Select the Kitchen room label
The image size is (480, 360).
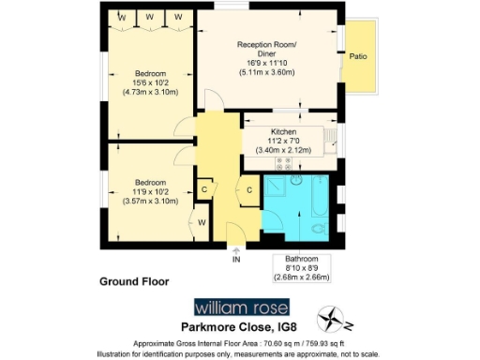(283, 132)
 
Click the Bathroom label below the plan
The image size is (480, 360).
(302, 258)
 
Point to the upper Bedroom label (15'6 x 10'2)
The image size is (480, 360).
(150, 74)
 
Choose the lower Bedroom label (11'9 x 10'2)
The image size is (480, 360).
(150, 182)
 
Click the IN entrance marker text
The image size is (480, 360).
(236, 262)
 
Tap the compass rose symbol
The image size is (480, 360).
(334, 319)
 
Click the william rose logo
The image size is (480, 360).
(242, 307)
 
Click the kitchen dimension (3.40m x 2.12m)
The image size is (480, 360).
(283, 147)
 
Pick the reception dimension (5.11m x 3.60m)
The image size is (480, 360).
(266, 72)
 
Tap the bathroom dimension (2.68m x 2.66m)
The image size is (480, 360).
(302, 277)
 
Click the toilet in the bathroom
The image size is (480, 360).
(319, 228)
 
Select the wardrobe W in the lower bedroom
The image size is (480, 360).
(202, 222)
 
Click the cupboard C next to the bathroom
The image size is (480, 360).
(249, 191)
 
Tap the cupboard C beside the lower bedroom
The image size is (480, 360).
(205, 188)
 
